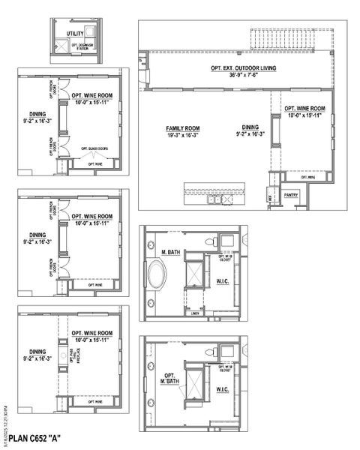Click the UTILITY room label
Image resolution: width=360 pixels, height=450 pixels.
pyautogui.click(x=75, y=34)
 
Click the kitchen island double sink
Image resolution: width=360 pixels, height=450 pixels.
pyautogui.click(x=217, y=199)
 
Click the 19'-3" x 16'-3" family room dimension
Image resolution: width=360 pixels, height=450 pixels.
pyautogui.click(x=184, y=135)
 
